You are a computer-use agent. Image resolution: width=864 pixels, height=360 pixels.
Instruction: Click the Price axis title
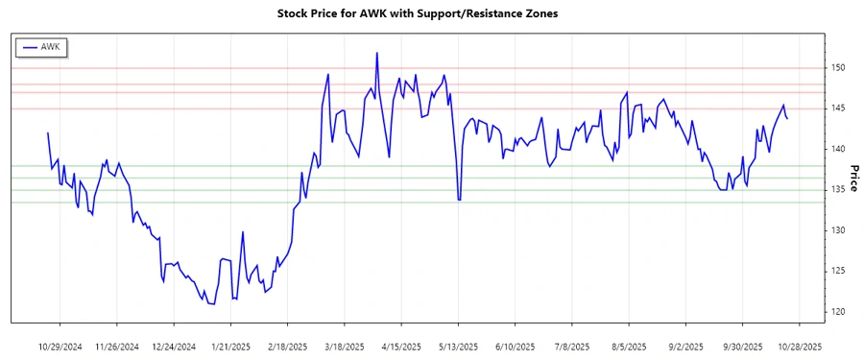[853, 178]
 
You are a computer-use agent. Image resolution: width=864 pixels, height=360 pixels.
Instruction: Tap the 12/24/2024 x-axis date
[174, 346]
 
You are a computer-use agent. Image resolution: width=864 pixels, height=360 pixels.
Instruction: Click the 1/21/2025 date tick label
[230, 346]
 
